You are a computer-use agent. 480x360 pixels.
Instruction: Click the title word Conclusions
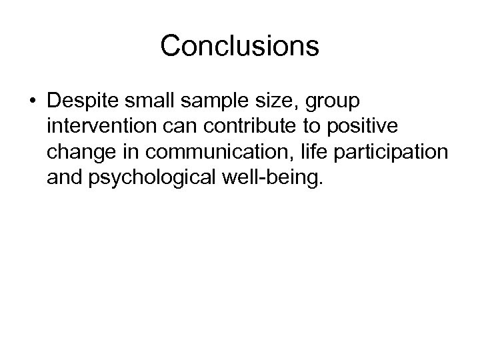[240, 47]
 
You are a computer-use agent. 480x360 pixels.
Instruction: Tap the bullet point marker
[33, 102]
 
